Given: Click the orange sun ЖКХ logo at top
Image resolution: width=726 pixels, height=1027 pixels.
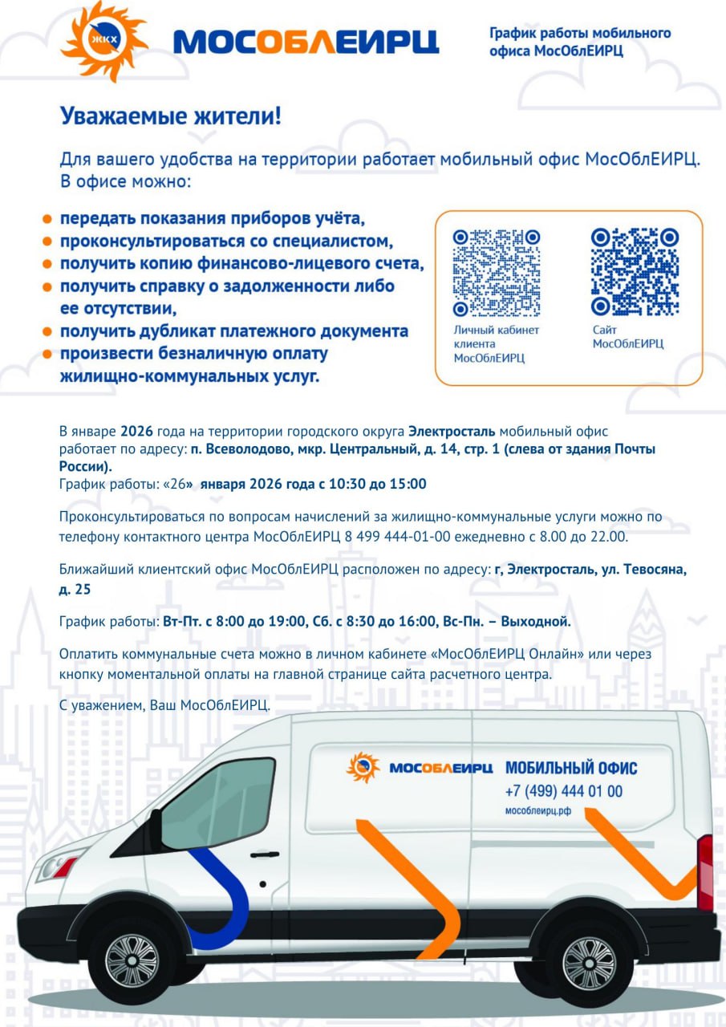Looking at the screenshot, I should click(x=104, y=40).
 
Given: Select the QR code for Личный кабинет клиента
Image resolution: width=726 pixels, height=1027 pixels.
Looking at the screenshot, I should click(x=496, y=272).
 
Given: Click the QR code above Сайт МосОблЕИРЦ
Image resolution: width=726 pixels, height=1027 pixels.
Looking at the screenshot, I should click(x=635, y=272).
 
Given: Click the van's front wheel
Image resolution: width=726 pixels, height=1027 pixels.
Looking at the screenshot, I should click(x=132, y=959).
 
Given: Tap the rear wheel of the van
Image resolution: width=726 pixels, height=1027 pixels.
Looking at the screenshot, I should click(x=587, y=961).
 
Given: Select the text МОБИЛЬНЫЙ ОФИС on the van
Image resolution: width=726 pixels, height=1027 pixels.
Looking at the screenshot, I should click(x=570, y=768).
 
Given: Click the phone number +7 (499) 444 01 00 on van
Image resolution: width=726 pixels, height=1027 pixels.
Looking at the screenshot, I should click(x=563, y=791).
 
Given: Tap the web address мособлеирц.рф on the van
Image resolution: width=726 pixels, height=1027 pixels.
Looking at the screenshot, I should click(x=537, y=811).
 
